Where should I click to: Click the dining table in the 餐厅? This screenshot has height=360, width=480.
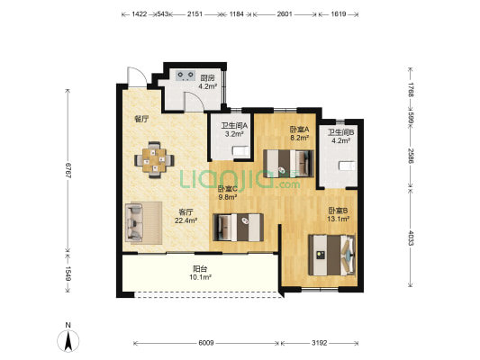pos(154,159)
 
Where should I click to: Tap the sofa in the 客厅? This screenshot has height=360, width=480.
pos(143,222)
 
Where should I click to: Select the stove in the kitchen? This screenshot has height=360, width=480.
pos(186,76)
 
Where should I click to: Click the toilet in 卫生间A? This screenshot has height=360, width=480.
pos(241,151)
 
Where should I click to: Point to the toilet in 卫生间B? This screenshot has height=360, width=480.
pos(347,166)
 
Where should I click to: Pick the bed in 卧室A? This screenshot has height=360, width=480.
pos(288,164)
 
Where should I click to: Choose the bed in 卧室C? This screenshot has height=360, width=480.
pos(238,228)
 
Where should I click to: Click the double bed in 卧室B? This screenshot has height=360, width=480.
pos(331,255)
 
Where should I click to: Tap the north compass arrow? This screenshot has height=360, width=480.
pos(68,340)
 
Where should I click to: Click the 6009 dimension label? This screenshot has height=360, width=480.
pos(206,343)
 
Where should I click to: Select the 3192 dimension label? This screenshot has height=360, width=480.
pos(320,343)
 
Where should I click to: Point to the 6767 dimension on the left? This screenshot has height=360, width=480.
pos(68,171)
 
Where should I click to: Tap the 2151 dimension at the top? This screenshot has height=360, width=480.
pos(195,14)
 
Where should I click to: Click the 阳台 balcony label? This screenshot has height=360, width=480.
pos(200,269)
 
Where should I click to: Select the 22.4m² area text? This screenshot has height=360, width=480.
pos(186,220)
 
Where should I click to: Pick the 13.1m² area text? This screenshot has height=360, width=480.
pos(339,219)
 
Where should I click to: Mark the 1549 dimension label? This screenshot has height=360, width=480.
pos(68,274)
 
